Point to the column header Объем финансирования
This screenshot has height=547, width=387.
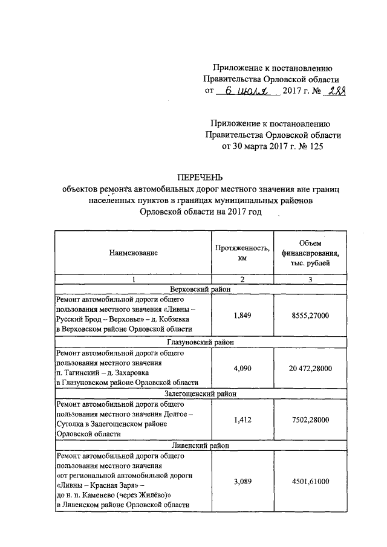click(310, 253)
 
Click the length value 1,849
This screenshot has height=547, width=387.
click(241, 314)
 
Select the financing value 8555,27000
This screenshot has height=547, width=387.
click(310, 314)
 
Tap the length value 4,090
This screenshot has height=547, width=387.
click(241, 367)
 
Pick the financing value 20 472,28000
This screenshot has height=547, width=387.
click(310, 367)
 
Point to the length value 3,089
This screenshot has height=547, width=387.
click(241, 481)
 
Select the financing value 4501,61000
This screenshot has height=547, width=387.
click(310, 481)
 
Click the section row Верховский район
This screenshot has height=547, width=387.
click(200, 289)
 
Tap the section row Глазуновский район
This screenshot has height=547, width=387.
click(200, 341)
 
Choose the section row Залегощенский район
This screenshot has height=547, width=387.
click(200, 393)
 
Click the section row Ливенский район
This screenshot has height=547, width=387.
click(200, 445)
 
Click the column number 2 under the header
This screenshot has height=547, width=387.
click(241, 279)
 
